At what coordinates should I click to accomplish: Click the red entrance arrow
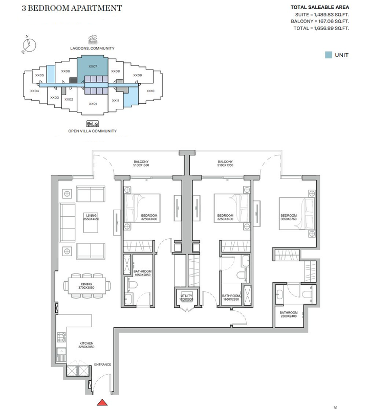[x=102, y=402]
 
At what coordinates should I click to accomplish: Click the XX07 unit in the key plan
[x=93, y=66]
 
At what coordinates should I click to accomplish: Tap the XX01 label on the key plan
[x=93, y=104]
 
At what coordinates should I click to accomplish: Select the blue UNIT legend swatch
[x=329, y=55]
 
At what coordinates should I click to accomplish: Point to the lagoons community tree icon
[x=93, y=40]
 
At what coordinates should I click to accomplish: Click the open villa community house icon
[x=93, y=123]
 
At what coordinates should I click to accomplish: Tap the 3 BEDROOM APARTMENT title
[x=72, y=8]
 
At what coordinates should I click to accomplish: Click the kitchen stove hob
[x=61, y=337]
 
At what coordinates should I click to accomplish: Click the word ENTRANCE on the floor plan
[x=103, y=365]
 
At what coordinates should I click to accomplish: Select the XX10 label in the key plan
[x=150, y=91]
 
